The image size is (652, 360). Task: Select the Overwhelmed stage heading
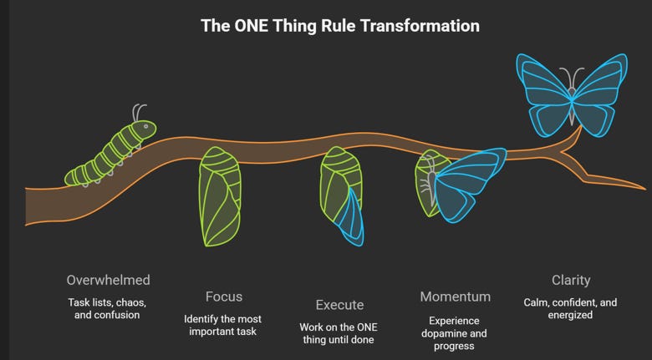(x=109, y=280)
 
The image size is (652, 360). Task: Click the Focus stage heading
(x=224, y=297)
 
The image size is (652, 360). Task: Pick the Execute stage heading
(x=339, y=305)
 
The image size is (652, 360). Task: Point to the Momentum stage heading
(x=456, y=297)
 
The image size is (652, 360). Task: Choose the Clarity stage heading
(x=571, y=280)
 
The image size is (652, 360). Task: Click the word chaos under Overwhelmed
(x=126, y=302)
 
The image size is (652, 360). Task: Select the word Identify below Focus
(x=201, y=319)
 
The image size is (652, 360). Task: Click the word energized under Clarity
(x=570, y=315)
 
